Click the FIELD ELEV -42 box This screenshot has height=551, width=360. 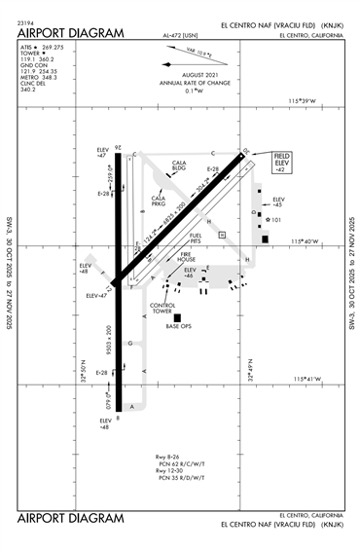(282, 162)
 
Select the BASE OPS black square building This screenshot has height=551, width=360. (177, 317)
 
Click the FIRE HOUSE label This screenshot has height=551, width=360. (187, 258)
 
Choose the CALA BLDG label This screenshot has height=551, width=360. (179, 165)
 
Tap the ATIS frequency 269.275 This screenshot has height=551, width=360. (55, 46)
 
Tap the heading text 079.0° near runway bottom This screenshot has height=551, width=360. (110, 399)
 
